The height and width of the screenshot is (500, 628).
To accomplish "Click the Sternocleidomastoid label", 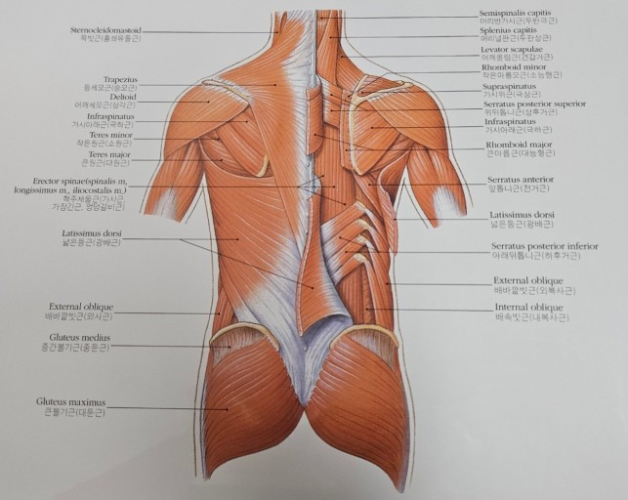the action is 105,30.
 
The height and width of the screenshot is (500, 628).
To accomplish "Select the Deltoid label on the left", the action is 124,97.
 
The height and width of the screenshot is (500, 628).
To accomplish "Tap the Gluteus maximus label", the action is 70,400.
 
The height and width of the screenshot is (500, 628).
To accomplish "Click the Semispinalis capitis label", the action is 515,12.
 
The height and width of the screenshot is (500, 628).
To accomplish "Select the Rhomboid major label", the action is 519,145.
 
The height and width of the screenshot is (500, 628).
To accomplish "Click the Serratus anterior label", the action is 519,180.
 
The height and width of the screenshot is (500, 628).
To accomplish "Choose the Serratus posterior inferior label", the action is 544,246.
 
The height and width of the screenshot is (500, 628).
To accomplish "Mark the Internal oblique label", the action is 526,307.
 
